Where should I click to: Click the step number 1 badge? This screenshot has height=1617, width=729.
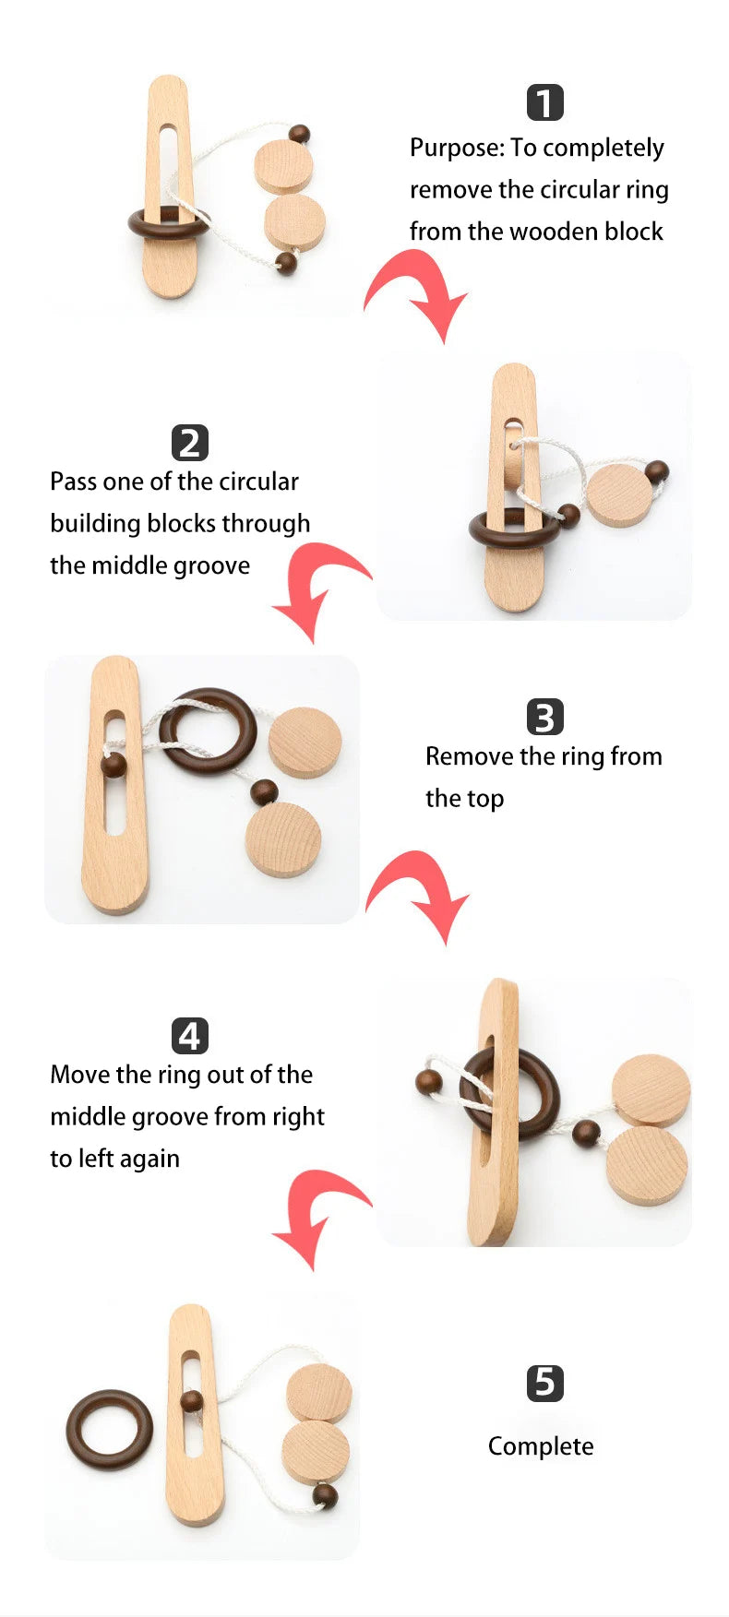click(544, 103)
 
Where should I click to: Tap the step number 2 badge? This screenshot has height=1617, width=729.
click(190, 443)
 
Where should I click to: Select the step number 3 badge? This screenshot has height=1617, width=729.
click(544, 718)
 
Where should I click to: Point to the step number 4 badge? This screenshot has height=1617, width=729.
click(190, 1036)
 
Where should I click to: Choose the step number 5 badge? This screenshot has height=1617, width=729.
click(544, 1383)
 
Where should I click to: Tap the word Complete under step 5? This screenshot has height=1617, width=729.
click(541, 1445)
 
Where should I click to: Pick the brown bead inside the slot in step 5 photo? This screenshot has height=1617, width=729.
click(191, 1402)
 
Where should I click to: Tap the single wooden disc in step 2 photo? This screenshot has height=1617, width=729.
click(618, 495)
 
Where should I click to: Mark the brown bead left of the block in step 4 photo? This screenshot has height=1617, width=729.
click(428, 1082)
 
